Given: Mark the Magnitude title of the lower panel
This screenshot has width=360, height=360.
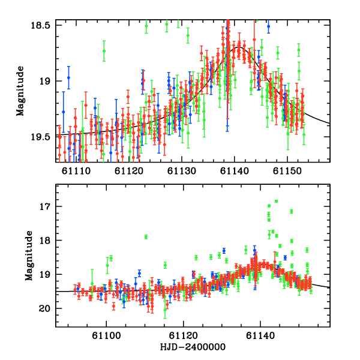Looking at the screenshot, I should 28,257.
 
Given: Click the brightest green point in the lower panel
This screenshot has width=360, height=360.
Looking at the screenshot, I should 276,202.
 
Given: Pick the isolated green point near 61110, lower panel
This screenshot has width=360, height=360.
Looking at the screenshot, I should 145,236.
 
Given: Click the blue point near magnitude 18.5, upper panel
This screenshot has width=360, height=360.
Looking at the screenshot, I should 268,27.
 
